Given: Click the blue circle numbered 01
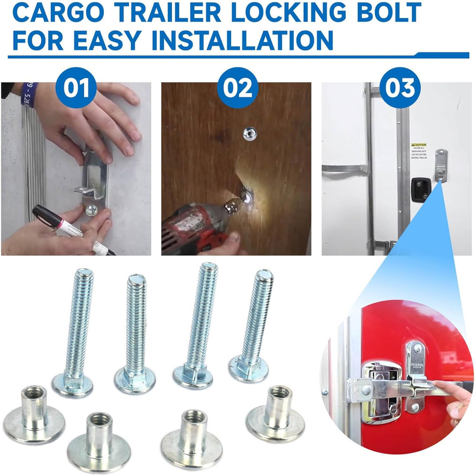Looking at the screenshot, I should click(76, 88).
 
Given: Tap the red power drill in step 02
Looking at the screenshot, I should click(190, 228).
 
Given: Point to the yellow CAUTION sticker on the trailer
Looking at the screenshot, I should click(419, 145).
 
